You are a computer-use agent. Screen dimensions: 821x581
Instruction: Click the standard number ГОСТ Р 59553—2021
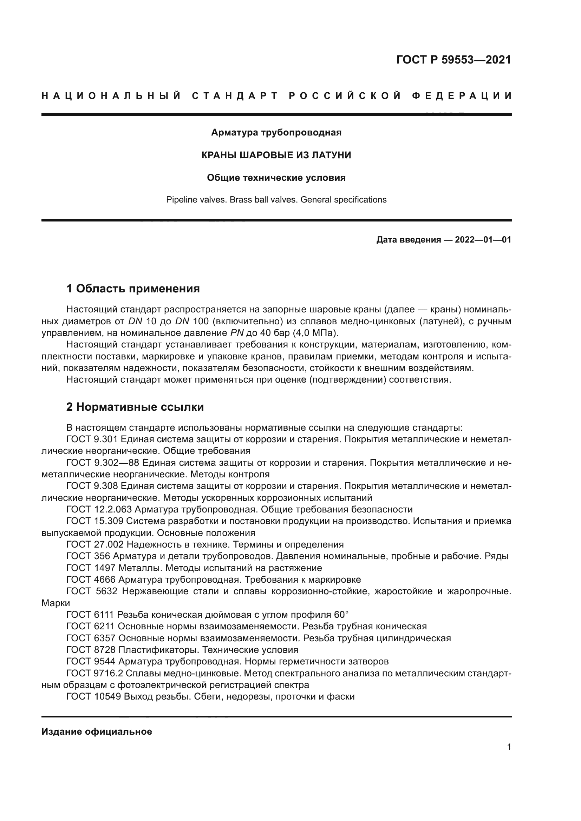tap(453, 60)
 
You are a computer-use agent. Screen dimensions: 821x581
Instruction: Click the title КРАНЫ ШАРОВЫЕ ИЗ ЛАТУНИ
tap(276, 155)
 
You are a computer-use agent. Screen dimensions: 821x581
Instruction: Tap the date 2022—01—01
tap(483, 240)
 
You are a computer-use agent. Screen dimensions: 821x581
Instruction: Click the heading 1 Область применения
tap(133, 289)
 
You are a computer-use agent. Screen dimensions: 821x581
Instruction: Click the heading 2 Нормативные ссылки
tap(135, 407)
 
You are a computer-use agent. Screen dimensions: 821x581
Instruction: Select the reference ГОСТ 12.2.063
tap(99, 509)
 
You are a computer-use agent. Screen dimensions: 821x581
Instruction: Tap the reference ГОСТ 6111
tap(90, 615)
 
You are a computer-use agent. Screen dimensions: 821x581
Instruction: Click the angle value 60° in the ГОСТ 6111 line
tap(341, 615)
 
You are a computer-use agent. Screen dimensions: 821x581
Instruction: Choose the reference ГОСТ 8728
tap(91, 650)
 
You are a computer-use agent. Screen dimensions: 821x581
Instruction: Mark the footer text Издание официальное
tap(97, 731)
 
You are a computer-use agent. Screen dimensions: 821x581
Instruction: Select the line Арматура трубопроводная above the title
tap(276, 133)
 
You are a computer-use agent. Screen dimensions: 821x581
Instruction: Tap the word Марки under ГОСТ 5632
tap(56, 603)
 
